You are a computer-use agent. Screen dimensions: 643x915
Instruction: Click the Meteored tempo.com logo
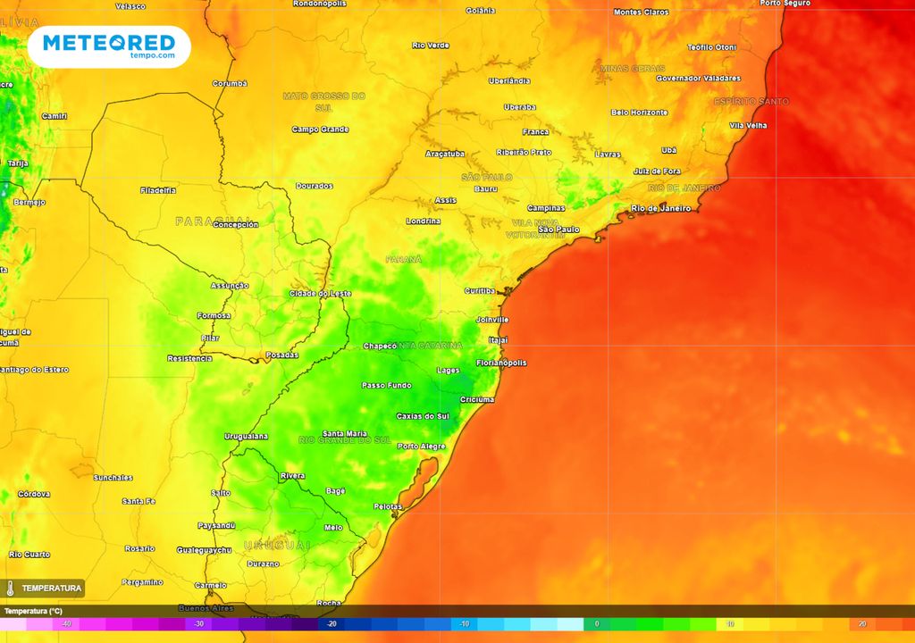(x=109, y=46)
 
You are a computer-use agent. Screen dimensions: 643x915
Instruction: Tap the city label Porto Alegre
(x=421, y=446)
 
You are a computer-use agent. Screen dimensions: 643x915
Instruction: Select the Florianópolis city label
(x=500, y=363)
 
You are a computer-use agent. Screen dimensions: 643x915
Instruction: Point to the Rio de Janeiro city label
(x=660, y=208)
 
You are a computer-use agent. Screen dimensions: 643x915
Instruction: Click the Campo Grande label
(x=320, y=129)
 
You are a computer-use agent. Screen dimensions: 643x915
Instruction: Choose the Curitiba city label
(x=480, y=291)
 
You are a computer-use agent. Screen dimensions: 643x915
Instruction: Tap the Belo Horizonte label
(x=639, y=113)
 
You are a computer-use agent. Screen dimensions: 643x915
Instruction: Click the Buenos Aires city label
(x=206, y=608)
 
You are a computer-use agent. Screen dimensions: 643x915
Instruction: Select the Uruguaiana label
(x=246, y=436)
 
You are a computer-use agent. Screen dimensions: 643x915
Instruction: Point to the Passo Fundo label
(x=386, y=385)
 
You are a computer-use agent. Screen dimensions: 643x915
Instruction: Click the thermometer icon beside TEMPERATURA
(x=11, y=589)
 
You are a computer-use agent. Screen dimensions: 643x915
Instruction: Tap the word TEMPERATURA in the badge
(x=51, y=589)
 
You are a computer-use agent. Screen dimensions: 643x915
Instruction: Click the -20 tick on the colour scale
(x=332, y=624)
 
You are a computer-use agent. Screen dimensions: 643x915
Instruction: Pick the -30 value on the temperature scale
(x=198, y=624)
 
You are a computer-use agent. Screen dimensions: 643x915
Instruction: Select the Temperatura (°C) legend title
(x=33, y=611)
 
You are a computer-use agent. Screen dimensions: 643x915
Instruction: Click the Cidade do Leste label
(x=320, y=293)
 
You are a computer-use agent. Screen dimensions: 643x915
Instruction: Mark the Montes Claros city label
(x=641, y=13)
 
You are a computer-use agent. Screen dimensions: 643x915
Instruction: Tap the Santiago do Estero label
(x=33, y=370)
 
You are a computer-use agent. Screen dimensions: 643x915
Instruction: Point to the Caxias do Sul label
(x=422, y=416)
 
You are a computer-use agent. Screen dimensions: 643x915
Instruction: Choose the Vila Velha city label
(x=748, y=126)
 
